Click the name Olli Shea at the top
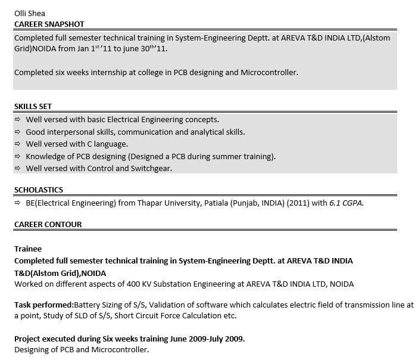tap(30, 13)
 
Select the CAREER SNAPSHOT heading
tap(49, 24)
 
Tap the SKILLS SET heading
tap(33, 107)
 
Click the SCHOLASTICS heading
tap(39, 190)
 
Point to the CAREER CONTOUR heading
tap(48, 225)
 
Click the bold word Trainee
tap(28, 249)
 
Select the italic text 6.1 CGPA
tap(346, 203)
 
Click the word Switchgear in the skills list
tap(151, 169)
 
